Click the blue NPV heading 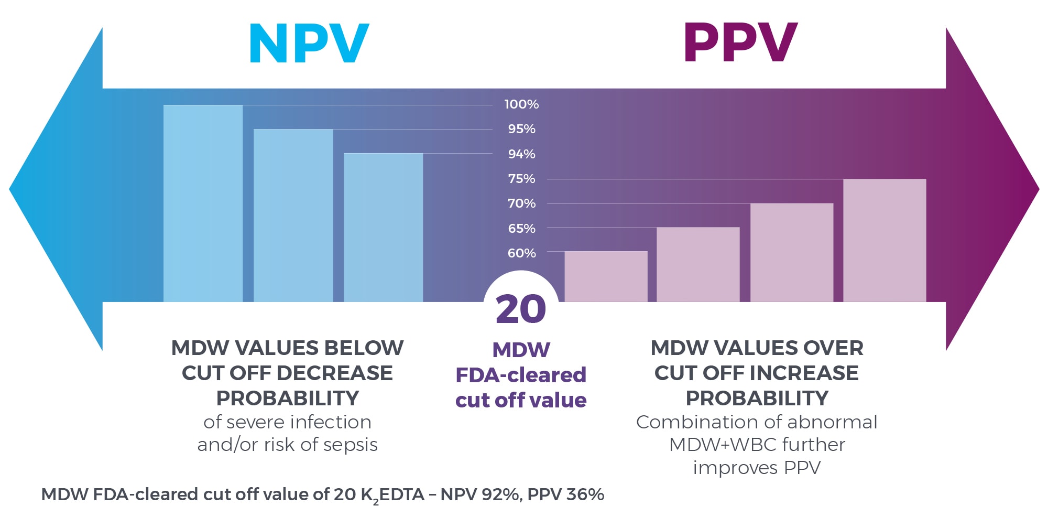[x=309, y=44]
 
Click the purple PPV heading [x=740, y=44]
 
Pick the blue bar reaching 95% [x=293, y=215]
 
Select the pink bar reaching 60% [x=606, y=276]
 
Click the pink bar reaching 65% [x=698, y=264]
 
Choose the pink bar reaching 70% [x=791, y=252]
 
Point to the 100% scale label [x=521, y=104]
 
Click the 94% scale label [x=521, y=154]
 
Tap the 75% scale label [x=521, y=179]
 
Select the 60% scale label [x=521, y=253]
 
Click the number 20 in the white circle [x=520, y=309]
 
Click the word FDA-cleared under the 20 [x=520, y=375]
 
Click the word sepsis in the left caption [x=350, y=445]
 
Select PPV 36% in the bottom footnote [x=565, y=494]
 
